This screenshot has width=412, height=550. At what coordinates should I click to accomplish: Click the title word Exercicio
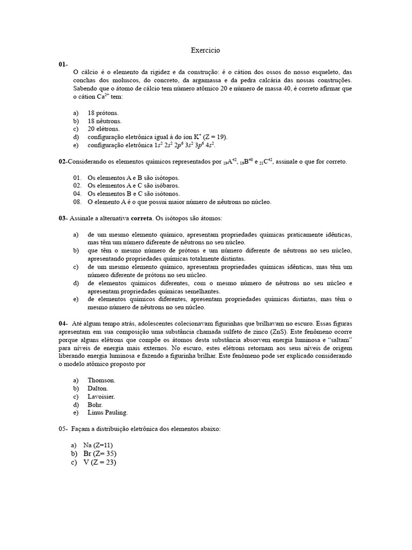click(205, 50)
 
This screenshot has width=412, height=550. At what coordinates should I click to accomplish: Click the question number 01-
click(63, 64)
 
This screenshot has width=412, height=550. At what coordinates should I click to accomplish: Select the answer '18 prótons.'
click(103, 113)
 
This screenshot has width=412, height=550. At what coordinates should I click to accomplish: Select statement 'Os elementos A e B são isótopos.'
click(134, 178)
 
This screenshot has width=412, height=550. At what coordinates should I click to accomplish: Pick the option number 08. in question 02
click(77, 202)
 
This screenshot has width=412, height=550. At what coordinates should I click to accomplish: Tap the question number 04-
click(63, 324)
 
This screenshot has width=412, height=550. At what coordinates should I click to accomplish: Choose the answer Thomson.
click(101, 380)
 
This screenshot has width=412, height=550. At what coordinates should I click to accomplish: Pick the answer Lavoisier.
click(101, 396)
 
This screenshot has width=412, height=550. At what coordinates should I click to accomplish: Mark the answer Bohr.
click(95, 404)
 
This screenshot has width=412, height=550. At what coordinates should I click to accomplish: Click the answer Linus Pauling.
click(108, 412)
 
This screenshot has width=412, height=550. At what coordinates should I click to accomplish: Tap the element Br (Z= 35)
click(100, 454)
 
